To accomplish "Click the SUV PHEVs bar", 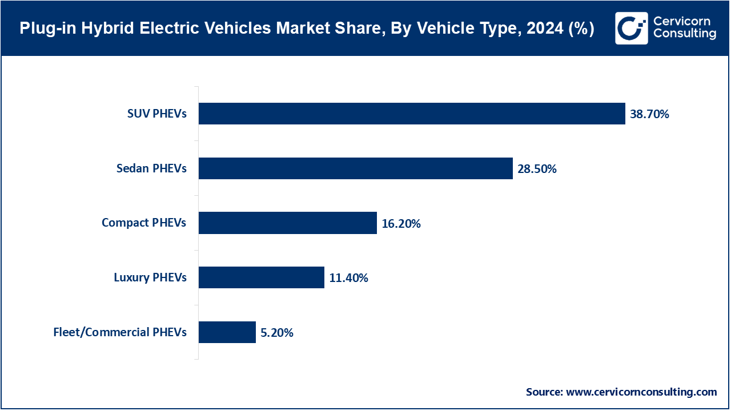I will [411, 114].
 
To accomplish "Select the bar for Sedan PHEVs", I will [355, 168].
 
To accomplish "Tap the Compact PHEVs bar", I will [287, 223].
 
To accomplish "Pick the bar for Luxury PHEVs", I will [261, 278].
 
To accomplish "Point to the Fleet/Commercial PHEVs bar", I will [227, 332].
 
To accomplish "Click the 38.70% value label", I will [649, 114].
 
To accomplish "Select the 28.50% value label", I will [537, 169].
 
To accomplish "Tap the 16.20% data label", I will [401, 224].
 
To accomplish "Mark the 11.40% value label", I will [348, 279].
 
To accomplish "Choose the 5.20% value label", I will [277, 333].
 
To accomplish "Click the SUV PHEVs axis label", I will [156, 114].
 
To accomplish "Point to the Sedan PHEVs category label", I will [151, 168].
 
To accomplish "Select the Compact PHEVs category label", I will [144, 223].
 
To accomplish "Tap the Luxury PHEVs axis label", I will [150, 278].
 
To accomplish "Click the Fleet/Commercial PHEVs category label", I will [120, 332].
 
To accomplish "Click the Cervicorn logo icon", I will [631, 28].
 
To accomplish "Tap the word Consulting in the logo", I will [684, 34].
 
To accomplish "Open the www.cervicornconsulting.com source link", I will [641, 392].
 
